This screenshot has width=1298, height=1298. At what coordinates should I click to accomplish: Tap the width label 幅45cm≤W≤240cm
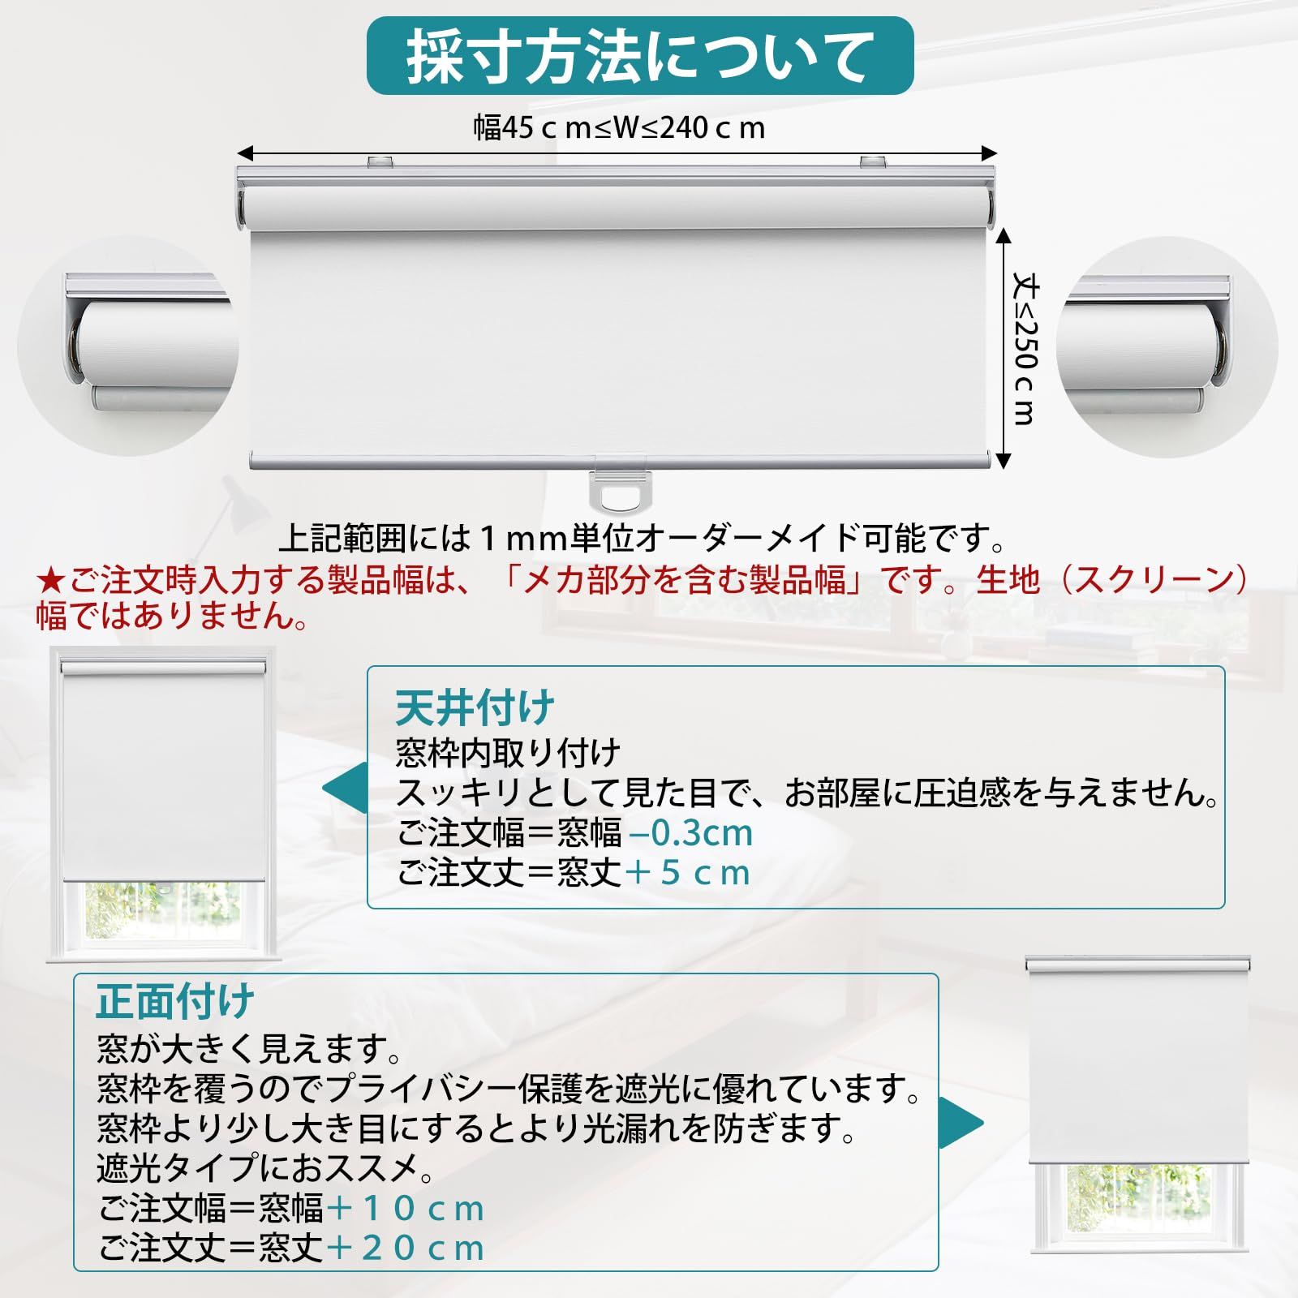click(x=620, y=128)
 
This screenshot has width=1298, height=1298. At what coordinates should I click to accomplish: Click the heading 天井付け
click(x=475, y=707)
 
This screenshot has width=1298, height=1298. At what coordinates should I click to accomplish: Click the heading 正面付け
click(x=175, y=1002)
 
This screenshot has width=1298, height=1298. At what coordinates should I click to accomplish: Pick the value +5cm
click(x=688, y=873)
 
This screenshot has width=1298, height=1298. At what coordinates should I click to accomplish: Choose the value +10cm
click(x=406, y=1209)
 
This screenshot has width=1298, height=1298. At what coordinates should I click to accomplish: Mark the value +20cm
click(x=406, y=1248)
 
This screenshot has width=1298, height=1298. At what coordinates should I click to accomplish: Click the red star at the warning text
click(x=50, y=581)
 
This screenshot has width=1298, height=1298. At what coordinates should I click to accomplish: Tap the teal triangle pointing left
click(x=344, y=788)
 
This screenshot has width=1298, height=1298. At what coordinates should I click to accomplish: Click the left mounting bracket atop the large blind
click(x=380, y=162)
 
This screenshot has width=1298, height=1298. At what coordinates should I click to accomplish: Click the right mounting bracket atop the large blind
click(x=874, y=162)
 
